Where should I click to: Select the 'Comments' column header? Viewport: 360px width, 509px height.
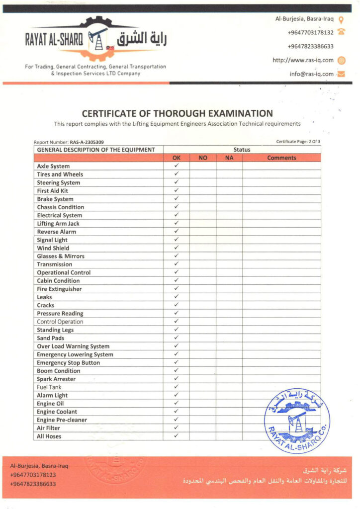tap(281, 158)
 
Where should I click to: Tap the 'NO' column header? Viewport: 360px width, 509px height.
tap(202, 158)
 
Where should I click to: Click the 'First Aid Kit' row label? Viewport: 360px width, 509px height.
tap(53, 191)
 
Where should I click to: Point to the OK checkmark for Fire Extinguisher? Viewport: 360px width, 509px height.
tap(176, 289)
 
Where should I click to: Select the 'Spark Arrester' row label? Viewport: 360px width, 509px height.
tap(56, 379)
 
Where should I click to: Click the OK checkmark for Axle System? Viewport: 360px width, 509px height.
tap(176, 166)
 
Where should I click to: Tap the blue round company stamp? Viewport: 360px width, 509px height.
tap(296, 422)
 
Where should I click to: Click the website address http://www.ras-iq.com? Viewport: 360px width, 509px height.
tap(303, 60)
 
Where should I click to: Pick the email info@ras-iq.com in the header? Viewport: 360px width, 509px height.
tap(312, 74)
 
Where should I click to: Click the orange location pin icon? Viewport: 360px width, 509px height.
tap(341, 20)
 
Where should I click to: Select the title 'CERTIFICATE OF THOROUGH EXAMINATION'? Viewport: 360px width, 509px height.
tap(177, 113)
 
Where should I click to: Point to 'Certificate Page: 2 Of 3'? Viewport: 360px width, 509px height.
tap(298, 142)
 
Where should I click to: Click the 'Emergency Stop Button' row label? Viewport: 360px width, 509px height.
tap(68, 362)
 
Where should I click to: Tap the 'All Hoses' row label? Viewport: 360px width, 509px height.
tap(49, 436)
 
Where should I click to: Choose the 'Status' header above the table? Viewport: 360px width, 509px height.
tap(242, 150)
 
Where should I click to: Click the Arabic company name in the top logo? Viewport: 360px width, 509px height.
tap(142, 40)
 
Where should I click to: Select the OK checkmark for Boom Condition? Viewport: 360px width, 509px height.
tap(176, 370)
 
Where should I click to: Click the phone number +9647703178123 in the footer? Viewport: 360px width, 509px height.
tap(33, 475)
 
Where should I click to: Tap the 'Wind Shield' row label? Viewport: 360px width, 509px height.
tap(53, 248)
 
